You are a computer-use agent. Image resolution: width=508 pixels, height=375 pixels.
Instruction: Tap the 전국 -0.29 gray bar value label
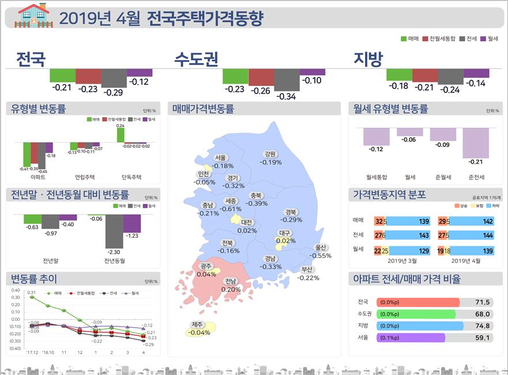coord(113,92)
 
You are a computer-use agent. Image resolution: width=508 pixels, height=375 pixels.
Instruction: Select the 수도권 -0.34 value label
coord(286,96)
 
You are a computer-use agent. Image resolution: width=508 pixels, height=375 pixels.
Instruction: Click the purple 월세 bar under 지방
coord(476,73)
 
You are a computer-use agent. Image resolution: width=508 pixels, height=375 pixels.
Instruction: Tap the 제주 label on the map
coord(199,328)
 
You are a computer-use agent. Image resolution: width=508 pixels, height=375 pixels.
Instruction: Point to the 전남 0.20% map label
coord(231,286)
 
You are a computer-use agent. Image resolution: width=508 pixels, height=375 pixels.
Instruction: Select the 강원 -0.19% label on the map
coord(270,158)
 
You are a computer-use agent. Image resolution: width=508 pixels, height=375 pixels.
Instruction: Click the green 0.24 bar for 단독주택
coord(121,135)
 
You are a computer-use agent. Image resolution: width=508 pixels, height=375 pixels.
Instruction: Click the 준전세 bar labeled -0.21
coord(476,151)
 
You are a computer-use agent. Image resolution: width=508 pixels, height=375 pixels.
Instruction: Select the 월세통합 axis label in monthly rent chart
coord(377,177)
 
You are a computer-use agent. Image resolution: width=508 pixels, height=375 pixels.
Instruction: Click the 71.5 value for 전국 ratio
coord(482,302)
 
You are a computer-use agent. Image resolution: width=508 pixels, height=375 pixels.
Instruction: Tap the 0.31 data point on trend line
coord(32,297)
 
